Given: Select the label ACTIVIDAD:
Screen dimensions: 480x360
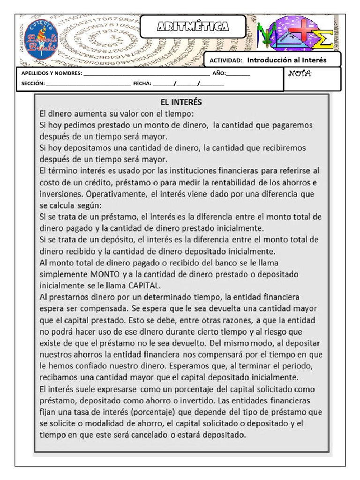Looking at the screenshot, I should point(225,60).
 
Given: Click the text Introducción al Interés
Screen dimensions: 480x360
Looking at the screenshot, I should point(286,60).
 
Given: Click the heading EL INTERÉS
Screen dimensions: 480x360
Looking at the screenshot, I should point(181,102).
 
